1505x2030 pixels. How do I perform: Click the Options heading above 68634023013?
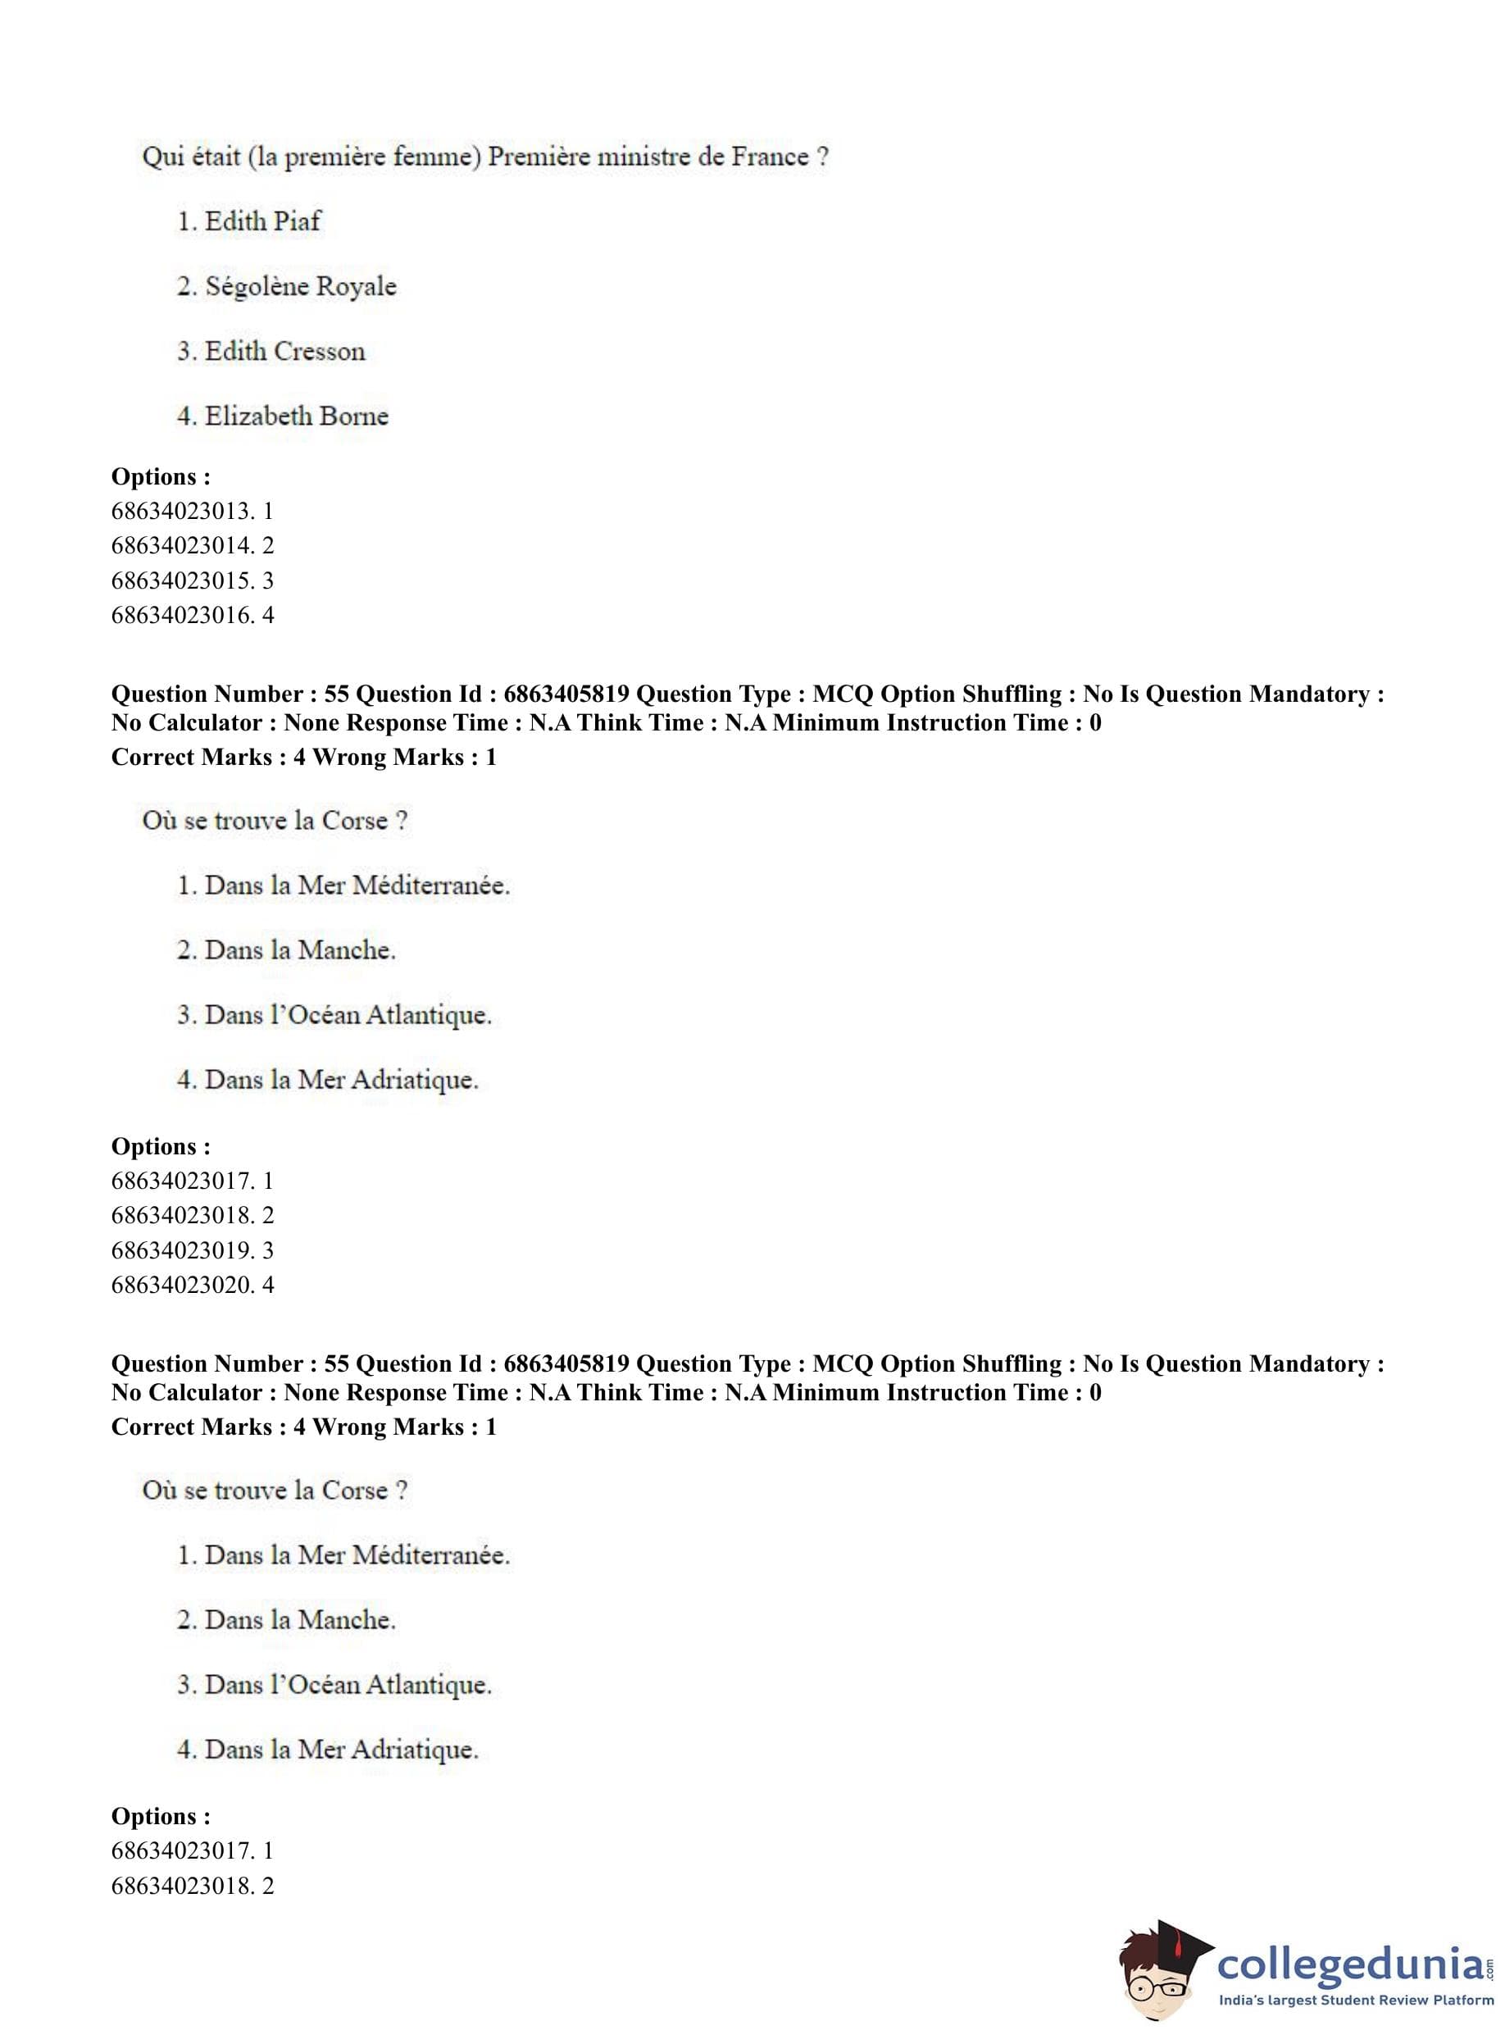pos(161,476)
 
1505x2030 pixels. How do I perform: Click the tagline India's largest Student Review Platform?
pos(1356,2000)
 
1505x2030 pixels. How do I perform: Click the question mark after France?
pos(823,157)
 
